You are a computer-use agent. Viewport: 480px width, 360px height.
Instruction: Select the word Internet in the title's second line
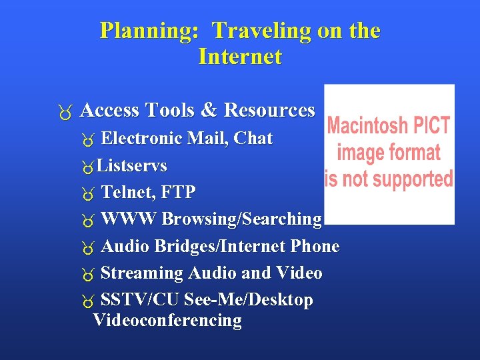pos(240,57)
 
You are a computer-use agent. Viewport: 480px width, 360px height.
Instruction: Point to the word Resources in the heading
pos(269,110)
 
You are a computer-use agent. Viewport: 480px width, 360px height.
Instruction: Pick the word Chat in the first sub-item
pos(254,139)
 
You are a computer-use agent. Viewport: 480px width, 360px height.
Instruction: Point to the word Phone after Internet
pos(315,247)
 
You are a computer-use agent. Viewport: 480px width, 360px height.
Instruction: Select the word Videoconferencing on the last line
pos(167,321)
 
